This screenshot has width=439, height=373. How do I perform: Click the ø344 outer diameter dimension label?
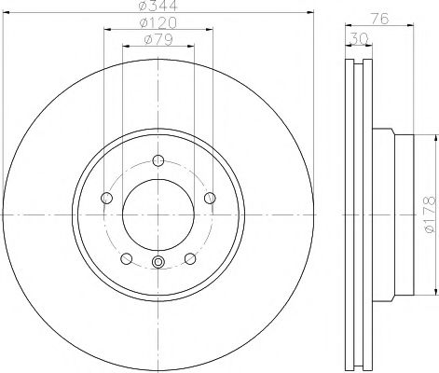158,7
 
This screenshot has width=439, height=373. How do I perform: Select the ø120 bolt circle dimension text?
158,21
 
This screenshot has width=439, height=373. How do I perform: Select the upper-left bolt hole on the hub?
105,197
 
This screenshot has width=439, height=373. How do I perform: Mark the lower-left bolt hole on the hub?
126,257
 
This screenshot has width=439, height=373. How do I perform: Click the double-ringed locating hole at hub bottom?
158,261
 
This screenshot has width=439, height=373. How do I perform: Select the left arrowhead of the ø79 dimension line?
124,45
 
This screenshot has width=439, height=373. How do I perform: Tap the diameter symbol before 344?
142,7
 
